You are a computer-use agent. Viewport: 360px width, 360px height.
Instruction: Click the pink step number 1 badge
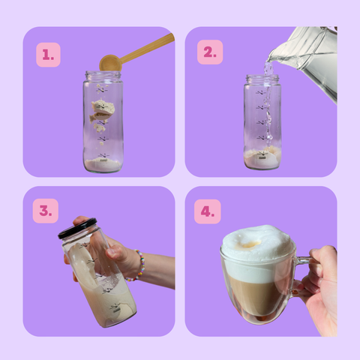[x=48, y=55]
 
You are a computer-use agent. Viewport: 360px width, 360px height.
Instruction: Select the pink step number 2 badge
[x=210, y=52]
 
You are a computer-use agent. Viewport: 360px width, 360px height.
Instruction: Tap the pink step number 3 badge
[x=46, y=211]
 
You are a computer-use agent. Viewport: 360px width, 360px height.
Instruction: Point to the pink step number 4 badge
[x=208, y=211]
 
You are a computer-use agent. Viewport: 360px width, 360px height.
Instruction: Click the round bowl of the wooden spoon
[x=109, y=63]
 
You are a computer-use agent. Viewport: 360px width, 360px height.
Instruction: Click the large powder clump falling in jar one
[x=103, y=107]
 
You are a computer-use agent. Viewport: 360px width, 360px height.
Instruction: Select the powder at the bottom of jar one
[x=103, y=165]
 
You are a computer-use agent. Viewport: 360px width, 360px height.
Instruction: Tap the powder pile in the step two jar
[x=262, y=158]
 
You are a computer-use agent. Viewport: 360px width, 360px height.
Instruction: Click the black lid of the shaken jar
[x=77, y=229]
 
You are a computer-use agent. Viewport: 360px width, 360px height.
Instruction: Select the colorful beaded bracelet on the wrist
[x=140, y=265]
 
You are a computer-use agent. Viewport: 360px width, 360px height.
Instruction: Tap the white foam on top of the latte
[x=258, y=253]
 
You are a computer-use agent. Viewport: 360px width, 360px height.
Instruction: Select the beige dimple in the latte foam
[x=250, y=244]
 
